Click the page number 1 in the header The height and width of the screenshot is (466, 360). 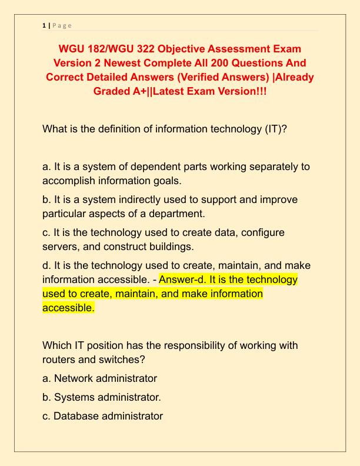44,26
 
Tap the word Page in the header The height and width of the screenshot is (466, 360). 61,26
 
